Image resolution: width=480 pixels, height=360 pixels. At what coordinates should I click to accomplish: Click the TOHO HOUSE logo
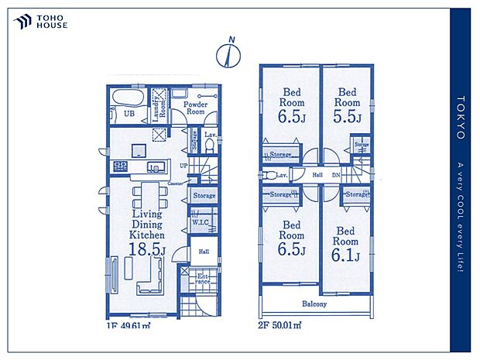tap(40, 22)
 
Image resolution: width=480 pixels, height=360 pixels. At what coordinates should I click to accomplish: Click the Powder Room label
tap(194, 108)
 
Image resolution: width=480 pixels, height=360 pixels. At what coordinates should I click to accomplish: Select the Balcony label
tap(314, 303)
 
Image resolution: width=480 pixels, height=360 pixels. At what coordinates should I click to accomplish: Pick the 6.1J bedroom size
tap(345, 254)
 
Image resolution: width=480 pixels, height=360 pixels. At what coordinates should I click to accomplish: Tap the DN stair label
tap(336, 176)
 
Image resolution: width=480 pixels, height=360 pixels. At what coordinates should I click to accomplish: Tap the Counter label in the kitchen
tap(175, 183)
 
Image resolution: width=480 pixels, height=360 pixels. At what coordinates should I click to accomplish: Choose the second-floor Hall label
tap(317, 176)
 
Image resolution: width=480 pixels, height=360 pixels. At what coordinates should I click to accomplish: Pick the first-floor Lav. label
tap(209, 134)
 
